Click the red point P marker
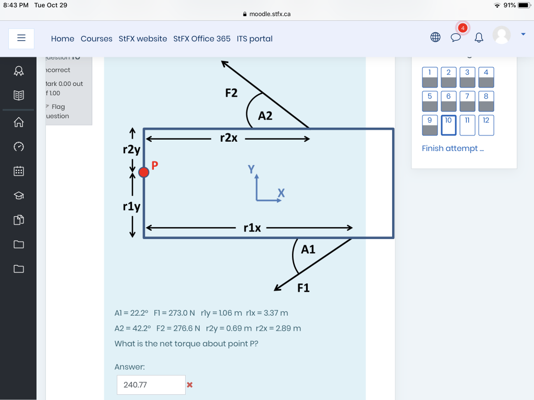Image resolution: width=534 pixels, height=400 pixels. coord(143,172)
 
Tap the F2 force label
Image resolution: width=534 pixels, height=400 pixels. coord(231,93)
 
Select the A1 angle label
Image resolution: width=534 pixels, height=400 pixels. coord(308,249)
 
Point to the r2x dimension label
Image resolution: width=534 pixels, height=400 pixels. coord(229,138)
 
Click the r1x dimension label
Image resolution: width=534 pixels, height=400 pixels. coord(252,228)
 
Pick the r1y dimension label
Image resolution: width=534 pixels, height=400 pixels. coord(131,206)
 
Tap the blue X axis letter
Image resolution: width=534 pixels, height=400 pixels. coord(281,193)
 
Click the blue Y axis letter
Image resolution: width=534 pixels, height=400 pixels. coord(252,169)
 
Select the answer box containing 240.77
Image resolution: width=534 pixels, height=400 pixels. coord(151,385)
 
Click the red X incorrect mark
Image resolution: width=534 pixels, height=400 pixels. coord(190,385)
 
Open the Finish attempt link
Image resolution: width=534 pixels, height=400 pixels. coord(453,148)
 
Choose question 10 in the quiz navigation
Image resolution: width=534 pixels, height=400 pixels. coord(448,125)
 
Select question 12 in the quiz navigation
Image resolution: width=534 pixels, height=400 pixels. coord(486,125)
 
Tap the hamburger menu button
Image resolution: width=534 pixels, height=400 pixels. coord(21,38)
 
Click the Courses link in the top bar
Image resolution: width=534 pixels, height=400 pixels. coord(96,39)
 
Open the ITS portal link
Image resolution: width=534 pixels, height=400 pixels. coord(254,39)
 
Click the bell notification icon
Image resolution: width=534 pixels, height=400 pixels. coord(479,37)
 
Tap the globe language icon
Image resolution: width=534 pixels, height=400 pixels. coord(435,37)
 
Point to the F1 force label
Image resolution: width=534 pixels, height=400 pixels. coord(303,288)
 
